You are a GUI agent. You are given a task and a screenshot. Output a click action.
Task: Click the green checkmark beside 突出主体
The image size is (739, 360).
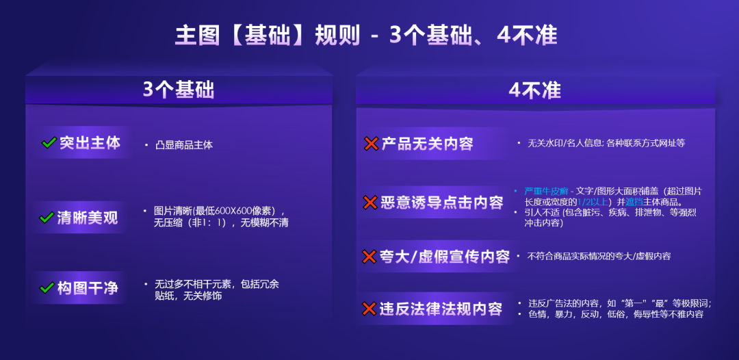point(49,142)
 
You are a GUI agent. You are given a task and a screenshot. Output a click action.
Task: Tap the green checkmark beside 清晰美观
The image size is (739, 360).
point(47,218)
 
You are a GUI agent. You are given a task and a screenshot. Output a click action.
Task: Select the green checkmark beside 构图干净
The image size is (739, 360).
point(47,288)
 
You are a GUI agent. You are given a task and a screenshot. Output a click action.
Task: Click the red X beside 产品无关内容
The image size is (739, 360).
point(371,144)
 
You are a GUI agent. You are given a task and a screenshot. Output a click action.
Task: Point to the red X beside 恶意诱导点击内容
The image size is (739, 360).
point(370,203)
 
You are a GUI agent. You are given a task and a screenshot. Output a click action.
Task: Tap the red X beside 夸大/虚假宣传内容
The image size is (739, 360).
point(369,257)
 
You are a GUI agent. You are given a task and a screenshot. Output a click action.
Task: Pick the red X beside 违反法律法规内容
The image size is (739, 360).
point(369,309)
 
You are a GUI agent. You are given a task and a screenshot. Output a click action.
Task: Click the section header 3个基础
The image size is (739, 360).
point(178,90)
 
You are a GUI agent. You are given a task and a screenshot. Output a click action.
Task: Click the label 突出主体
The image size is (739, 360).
point(90,142)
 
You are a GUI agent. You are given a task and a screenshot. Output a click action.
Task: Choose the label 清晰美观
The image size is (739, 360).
point(87,218)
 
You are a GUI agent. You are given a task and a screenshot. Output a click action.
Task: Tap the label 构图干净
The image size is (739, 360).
point(88,288)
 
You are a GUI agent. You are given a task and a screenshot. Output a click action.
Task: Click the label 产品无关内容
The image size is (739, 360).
point(428,144)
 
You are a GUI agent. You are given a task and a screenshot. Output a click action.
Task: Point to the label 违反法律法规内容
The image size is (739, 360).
point(441,309)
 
